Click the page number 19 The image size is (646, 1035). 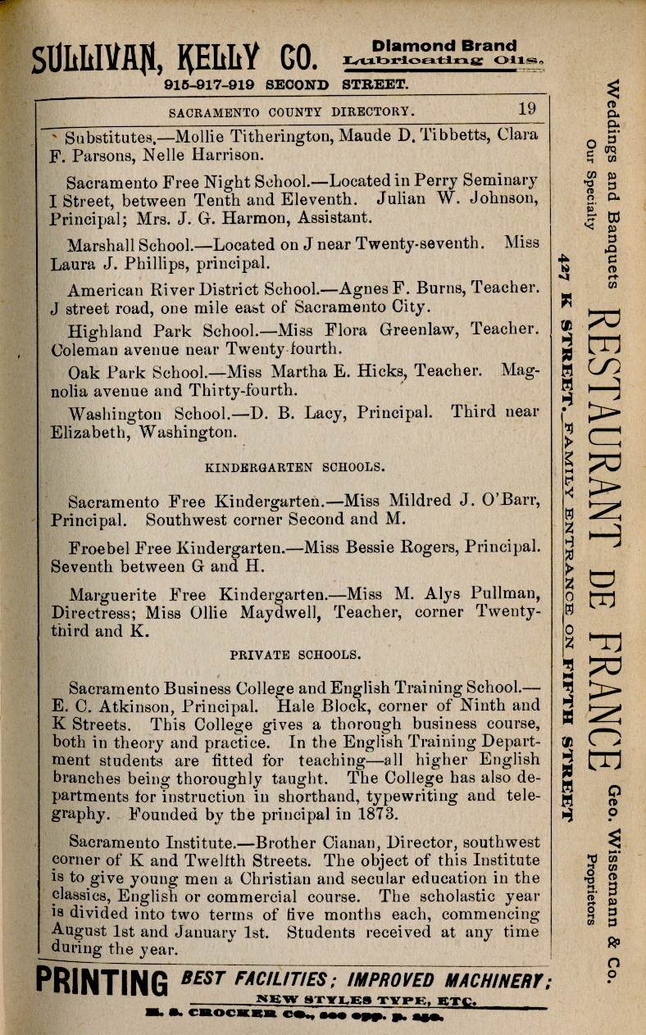tap(527, 109)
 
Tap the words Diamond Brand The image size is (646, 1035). tap(444, 46)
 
